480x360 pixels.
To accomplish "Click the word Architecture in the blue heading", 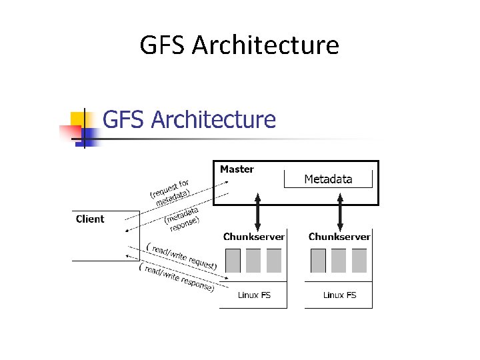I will click(x=213, y=120).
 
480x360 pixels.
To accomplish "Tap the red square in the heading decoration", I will click(x=69, y=132).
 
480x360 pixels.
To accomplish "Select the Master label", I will click(x=237, y=169).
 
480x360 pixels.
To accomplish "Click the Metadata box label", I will click(x=328, y=179).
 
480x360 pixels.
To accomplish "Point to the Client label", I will click(x=90, y=219).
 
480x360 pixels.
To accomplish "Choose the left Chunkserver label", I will click(x=254, y=237).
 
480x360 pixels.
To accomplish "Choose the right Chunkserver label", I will click(x=339, y=237).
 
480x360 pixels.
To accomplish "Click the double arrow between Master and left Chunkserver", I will click(x=258, y=211).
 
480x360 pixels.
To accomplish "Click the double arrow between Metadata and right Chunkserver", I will click(x=341, y=211).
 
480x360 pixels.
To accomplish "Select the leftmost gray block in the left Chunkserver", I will click(x=233, y=261).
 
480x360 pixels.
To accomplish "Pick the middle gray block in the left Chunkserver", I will click(x=253, y=261).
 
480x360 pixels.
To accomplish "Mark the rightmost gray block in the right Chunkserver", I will click(x=359, y=261).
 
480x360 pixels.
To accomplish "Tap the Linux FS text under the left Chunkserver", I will click(x=254, y=295).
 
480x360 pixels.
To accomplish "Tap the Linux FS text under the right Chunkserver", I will click(x=339, y=295).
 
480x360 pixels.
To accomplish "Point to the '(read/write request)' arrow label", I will click(x=181, y=256).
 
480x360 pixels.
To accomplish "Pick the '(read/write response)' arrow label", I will click(x=177, y=277).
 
